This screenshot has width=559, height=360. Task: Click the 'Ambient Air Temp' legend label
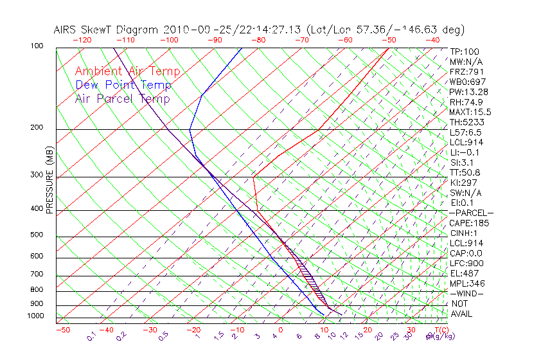point(127,71)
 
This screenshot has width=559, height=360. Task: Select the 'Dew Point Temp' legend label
point(123,85)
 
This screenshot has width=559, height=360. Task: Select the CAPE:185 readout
point(470,223)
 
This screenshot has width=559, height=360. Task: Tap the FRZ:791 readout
point(467,71)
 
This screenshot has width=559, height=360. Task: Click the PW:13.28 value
point(468,92)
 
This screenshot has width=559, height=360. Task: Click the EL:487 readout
point(465,273)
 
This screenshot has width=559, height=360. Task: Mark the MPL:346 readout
point(467,283)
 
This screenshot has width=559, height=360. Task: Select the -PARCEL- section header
point(471,213)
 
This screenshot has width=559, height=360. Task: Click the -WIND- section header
point(466,293)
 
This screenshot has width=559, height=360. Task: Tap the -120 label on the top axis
point(82,39)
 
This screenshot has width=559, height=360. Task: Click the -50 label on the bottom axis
point(62,330)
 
